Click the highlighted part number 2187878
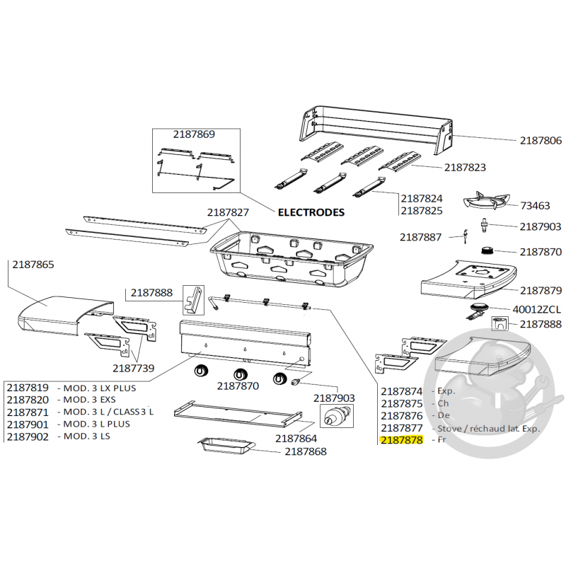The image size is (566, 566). (x=401, y=440)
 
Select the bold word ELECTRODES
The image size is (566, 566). (x=311, y=212)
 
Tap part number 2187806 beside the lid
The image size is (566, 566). (x=541, y=141)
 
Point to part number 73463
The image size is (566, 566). (x=535, y=206)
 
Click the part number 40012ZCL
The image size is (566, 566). (x=536, y=309)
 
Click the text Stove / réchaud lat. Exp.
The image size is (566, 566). (x=489, y=428)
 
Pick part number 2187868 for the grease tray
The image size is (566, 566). (x=306, y=451)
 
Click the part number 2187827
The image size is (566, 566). (x=228, y=212)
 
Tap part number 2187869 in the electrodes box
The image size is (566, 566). (x=194, y=134)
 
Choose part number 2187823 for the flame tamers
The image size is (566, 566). (x=465, y=168)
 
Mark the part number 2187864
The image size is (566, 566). (x=295, y=438)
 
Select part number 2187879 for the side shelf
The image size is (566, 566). (x=541, y=290)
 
